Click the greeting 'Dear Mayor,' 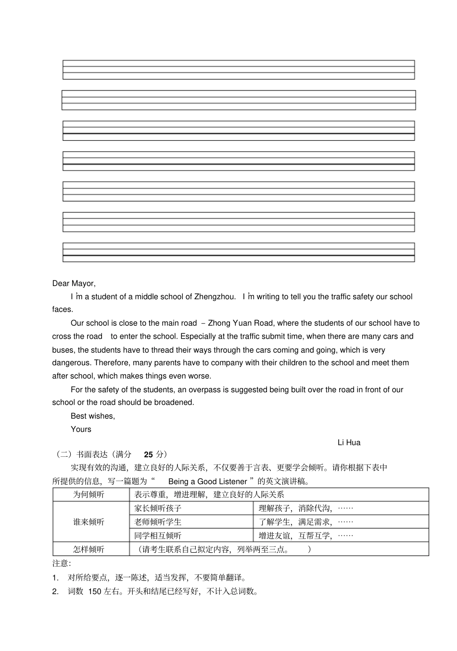coord(74,283)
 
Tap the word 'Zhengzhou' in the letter coord(215,297)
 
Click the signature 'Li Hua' coord(349,442)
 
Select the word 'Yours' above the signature coord(81,429)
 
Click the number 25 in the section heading coord(148,454)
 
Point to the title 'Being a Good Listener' coord(207,481)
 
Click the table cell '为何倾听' coord(89,494)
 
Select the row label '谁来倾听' coord(89,522)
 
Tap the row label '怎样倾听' coord(89,549)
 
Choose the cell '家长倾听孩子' coord(158,508)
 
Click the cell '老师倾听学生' coord(158,522)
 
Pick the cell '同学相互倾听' coord(158,535)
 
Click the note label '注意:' coord(62,563)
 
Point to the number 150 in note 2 coord(94,591)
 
